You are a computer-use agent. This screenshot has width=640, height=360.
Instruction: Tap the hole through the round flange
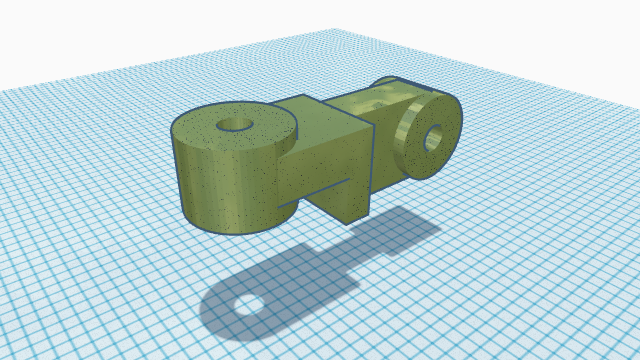coord(435,138)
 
